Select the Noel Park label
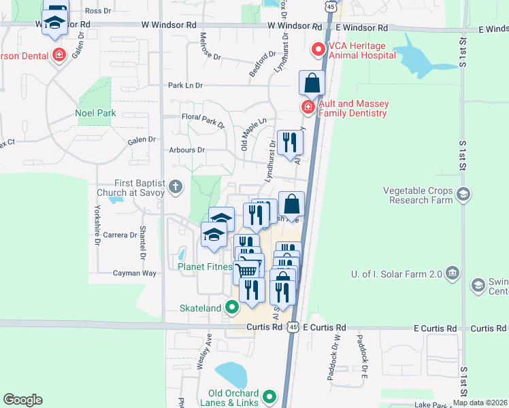pyautogui.click(x=95, y=114)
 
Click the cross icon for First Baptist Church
pyautogui.click(x=176, y=186)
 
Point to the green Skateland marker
pyautogui.click(x=232, y=308)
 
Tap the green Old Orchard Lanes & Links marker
pyautogui.click(x=269, y=395)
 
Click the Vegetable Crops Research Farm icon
pyautogui.click(x=463, y=195)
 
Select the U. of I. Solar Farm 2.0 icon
pyautogui.click(x=455, y=274)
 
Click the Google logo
pyautogui.click(x=22, y=400)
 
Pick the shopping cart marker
pyautogui.click(x=249, y=269)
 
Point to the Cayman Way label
pyautogui.click(x=135, y=273)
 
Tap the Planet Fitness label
pyautogui.click(x=205, y=267)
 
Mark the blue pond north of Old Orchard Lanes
pyautogui.click(x=231, y=373)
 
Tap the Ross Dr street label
pyautogui.click(x=98, y=11)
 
